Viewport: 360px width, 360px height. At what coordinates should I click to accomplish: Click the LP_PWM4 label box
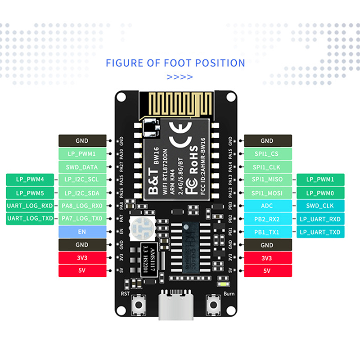[x=30, y=180]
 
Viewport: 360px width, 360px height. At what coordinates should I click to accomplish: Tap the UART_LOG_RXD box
[x=30, y=206]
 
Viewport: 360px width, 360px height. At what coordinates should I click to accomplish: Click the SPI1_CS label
[x=267, y=153]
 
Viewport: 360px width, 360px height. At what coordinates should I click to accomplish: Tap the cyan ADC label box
[x=267, y=206]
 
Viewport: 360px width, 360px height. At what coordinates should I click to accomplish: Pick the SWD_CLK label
[x=320, y=206]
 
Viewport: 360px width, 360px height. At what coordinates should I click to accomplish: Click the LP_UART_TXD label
[x=320, y=232]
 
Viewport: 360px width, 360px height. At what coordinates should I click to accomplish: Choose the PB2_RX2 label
[x=267, y=219]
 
